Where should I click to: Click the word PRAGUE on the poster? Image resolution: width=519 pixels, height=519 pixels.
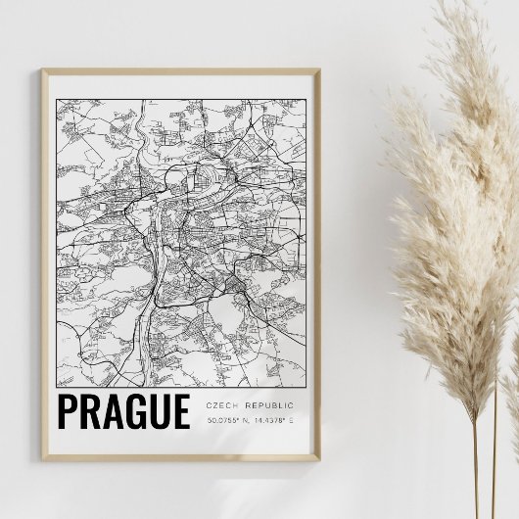point(123,412)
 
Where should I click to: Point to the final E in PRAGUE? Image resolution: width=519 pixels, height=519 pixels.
point(179,412)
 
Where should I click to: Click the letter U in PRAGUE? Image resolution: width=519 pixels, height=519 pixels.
point(157,412)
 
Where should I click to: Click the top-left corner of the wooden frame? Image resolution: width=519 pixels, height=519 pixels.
point(44,69)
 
